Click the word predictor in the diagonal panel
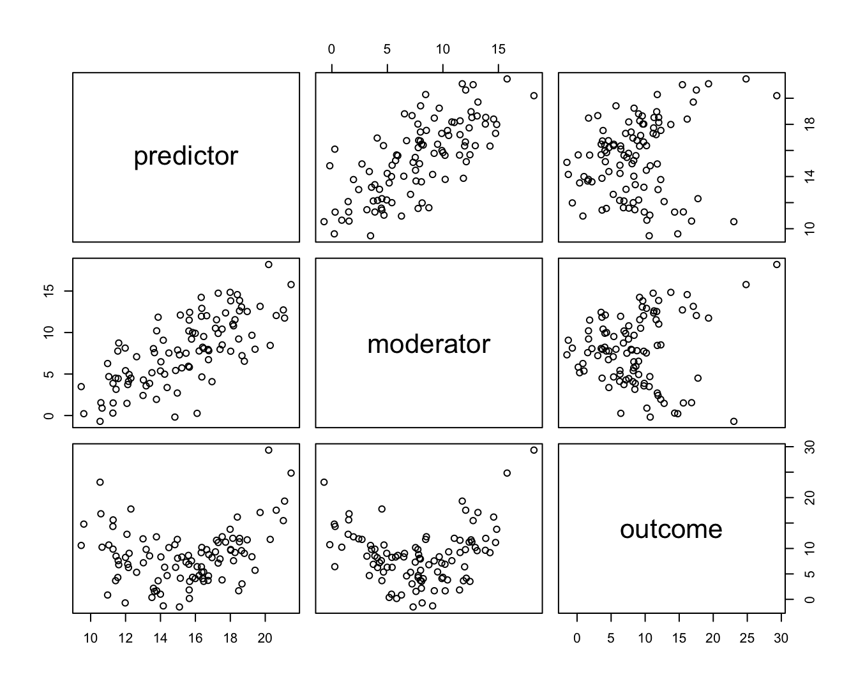click(x=186, y=156)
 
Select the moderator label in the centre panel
click(x=428, y=344)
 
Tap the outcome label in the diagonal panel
click(x=671, y=529)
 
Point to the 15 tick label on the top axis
click(x=499, y=50)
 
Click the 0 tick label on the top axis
click(x=331, y=50)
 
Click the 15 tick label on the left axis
click(x=49, y=290)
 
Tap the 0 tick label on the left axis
click(x=49, y=415)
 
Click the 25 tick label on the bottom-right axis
click(x=747, y=638)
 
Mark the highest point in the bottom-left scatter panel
click(x=269, y=450)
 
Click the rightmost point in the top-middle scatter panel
click(x=534, y=96)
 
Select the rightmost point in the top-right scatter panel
click(x=777, y=96)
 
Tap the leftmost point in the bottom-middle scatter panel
click(x=324, y=482)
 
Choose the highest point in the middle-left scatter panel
click(x=269, y=264)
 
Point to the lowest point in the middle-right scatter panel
click(x=734, y=421)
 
